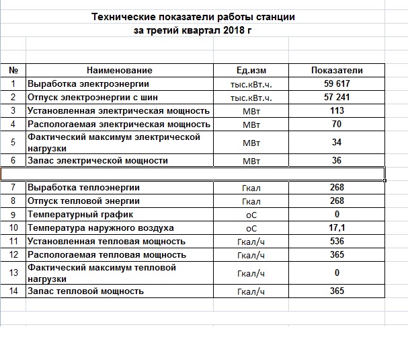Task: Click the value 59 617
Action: pos(337,84)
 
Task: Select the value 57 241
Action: pos(337,98)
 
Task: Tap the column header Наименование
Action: pos(120,70)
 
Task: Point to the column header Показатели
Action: pos(337,70)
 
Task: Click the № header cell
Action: pos(13,70)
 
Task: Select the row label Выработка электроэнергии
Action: pos(88,84)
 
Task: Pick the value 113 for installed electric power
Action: pos(337,110)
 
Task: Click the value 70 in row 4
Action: pos(337,124)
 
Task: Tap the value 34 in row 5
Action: pos(337,142)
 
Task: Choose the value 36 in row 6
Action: pos(337,161)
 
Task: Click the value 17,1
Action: pos(337,228)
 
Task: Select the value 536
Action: pos(337,241)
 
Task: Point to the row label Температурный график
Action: pos(80,214)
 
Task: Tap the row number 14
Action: pos(13,291)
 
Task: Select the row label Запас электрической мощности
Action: pos(97,161)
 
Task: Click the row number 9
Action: pos(13,214)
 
